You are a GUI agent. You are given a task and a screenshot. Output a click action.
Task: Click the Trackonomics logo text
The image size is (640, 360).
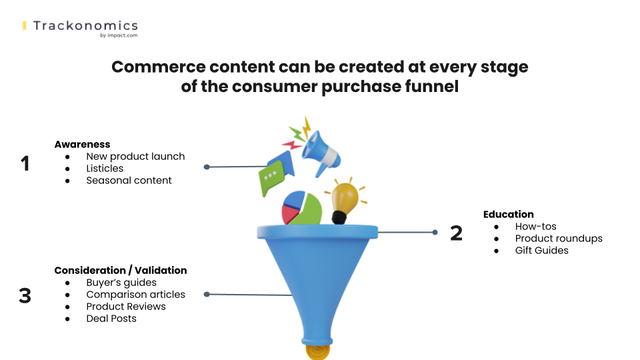point(85,26)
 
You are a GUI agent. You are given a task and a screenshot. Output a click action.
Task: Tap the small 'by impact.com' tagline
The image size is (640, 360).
point(119,35)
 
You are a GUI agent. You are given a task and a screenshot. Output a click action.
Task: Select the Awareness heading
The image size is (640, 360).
point(83,145)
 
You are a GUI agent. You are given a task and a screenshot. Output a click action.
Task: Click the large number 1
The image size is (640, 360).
point(25,163)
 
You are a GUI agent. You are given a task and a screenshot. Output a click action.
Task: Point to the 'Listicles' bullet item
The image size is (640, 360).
point(105,169)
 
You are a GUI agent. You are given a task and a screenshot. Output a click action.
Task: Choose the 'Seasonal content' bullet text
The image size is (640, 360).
point(129,181)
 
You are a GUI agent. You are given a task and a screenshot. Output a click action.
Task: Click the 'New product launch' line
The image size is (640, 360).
point(135,156)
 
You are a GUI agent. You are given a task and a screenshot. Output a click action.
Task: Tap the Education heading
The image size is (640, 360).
point(509,215)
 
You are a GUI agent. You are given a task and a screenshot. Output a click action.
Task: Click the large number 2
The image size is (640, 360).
point(456,233)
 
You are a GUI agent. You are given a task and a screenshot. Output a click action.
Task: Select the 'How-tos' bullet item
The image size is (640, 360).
point(536,227)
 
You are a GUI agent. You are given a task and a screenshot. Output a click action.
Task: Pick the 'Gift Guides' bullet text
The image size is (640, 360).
point(541,251)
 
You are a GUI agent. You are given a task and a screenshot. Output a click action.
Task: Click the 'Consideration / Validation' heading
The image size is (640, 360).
point(121,271)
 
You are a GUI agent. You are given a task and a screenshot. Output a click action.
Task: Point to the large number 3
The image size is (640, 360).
point(25,295)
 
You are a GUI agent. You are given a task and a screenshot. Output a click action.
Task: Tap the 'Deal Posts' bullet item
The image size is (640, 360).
point(111,319)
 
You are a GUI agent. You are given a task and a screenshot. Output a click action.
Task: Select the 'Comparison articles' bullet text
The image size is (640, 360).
point(135,295)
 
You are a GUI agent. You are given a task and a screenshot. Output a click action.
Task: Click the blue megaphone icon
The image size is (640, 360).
point(321,154)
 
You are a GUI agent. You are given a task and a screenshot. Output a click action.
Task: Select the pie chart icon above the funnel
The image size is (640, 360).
point(301,208)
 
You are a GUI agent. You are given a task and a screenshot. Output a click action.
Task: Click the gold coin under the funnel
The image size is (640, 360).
point(317,352)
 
